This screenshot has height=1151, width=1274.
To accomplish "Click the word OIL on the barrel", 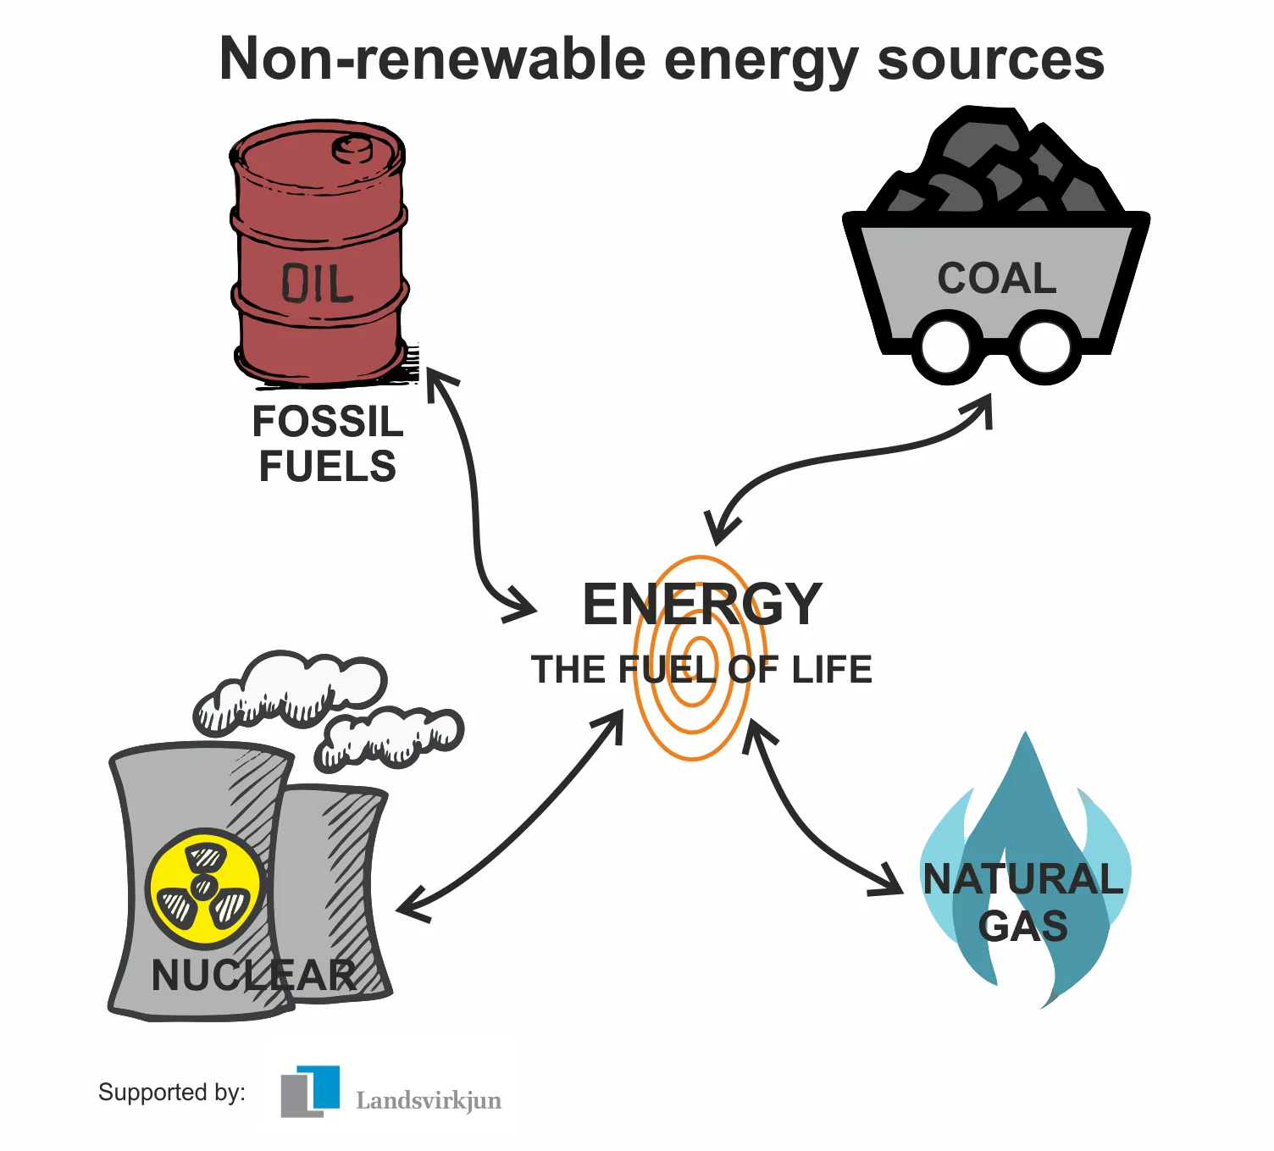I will [x=317, y=284].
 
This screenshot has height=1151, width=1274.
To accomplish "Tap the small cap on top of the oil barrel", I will [x=352, y=150].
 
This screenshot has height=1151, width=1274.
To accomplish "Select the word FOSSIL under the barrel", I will [x=328, y=422].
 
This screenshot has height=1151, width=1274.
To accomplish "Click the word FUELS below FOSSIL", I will [x=328, y=467].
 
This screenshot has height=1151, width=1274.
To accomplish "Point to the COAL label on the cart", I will [x=997, y=279].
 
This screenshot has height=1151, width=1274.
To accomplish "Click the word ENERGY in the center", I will [x=702, y=605].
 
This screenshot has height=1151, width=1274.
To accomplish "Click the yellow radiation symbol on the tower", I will [x=203, y=887].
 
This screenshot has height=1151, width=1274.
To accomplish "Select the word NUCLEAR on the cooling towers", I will [x=253, y=975].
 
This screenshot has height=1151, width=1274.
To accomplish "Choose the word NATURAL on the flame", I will [x=1022, y=879].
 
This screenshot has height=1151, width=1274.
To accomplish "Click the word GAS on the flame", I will [x=1022, y=927].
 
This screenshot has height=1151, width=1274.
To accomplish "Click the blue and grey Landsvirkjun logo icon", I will [x=310, y=1091].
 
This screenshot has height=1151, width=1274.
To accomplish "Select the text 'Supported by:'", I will [x=172, y=1092].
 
